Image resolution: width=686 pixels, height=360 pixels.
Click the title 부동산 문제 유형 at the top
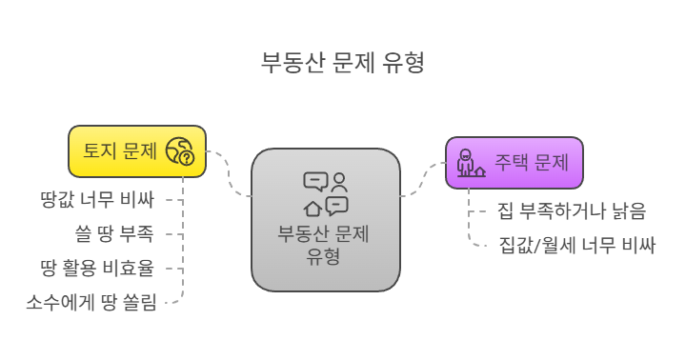click(342, 63)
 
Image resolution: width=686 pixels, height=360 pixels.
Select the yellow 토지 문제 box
click(137, 150)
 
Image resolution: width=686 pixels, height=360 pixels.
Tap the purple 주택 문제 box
click(514, 162)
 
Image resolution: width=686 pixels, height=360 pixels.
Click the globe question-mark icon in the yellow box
click(180, 150)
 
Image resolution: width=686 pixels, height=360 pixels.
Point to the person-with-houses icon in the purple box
click(470, 163)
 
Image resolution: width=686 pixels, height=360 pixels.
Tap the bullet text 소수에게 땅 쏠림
click(91, 302)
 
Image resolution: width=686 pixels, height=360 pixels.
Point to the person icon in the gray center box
click(339, 181)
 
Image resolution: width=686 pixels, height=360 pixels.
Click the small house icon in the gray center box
click(313, 208)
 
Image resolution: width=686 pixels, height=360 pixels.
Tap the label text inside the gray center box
click(324, 245)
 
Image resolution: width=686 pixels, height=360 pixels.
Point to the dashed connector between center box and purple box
click(422, 179)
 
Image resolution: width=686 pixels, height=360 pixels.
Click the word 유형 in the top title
click(404, 63)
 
